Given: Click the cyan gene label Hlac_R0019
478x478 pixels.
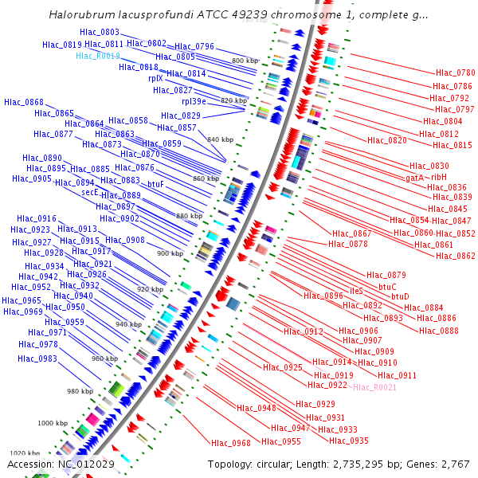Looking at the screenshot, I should tap(98, 56).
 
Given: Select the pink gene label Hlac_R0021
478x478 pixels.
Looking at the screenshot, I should tap(374, 387).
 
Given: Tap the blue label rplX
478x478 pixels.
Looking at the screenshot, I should tap(155, 78).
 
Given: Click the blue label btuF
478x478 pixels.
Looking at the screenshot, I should tap(156, 184).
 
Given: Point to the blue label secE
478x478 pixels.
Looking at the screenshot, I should tap(89, 192).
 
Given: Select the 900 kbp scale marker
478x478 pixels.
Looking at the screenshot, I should tap(170, 253).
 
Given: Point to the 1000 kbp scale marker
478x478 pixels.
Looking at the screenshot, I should tap(53, 423).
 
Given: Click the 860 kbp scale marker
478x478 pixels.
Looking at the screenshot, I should tap(206, 179).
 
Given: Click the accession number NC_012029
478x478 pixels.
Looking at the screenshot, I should tap(85, 464).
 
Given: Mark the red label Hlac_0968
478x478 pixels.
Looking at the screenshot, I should tap(231, 443).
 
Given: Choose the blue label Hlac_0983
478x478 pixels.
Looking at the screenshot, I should tap(37, 358).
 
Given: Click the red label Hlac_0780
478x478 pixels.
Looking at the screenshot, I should tap(455, 73).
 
